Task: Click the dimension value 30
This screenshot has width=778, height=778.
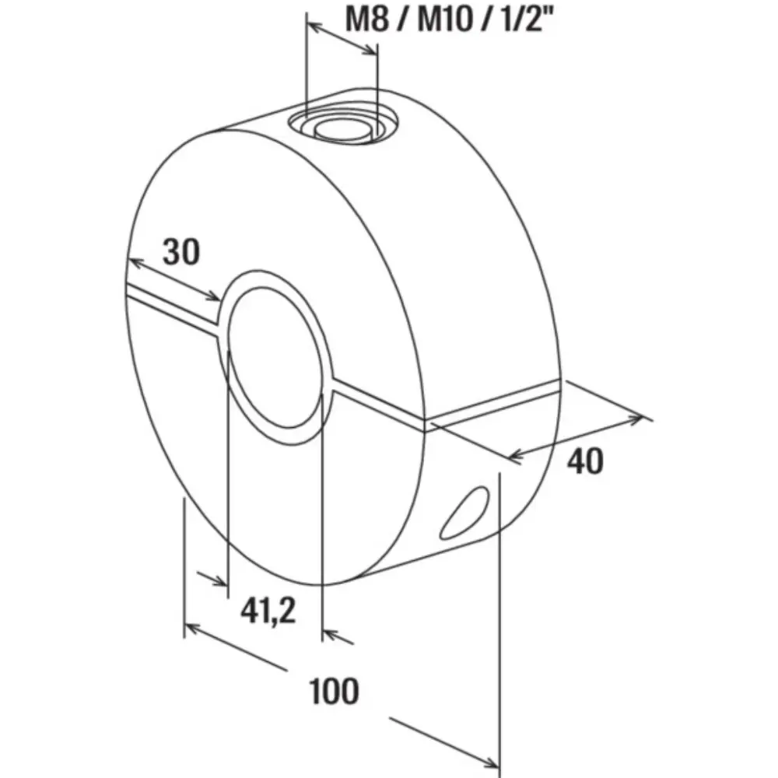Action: click(181, 251)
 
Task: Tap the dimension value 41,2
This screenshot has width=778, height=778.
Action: click(268, 610)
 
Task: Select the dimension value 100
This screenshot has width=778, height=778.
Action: click(334, 691)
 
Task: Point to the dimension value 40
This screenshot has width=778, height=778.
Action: click(585, 461)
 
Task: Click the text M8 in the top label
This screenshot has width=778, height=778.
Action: click(366, 20)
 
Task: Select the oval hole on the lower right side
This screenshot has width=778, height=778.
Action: click(465, 513)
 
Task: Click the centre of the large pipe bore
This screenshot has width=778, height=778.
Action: click(275, 357)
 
